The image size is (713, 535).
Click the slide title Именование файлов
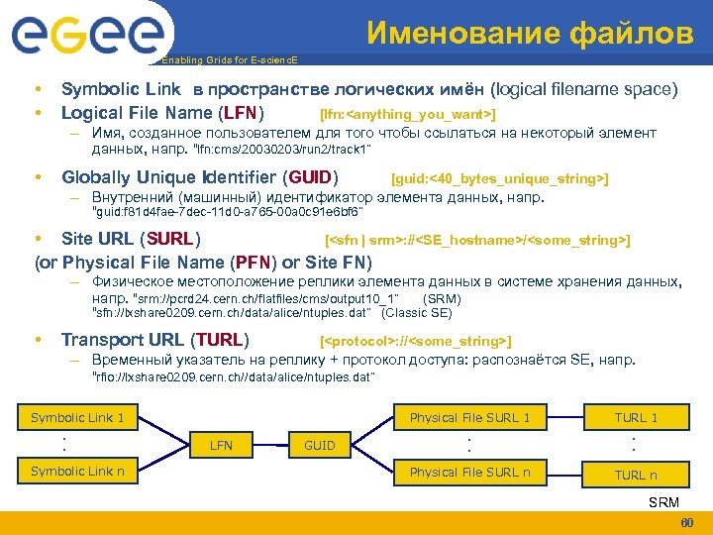530,34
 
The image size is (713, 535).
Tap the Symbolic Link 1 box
77,417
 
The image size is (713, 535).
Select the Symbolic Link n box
77,471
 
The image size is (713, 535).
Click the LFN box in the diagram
222,445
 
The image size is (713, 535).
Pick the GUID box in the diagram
319,445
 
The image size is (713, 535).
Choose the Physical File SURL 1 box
469,417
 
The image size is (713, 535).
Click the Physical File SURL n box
469,472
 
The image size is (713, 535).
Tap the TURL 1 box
636,417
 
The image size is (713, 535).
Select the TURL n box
636,475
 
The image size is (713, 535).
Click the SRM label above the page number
663,502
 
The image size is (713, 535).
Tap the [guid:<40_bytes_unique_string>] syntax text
500,178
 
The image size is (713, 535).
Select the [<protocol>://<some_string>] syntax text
416,341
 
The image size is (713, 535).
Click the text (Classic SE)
416,313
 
